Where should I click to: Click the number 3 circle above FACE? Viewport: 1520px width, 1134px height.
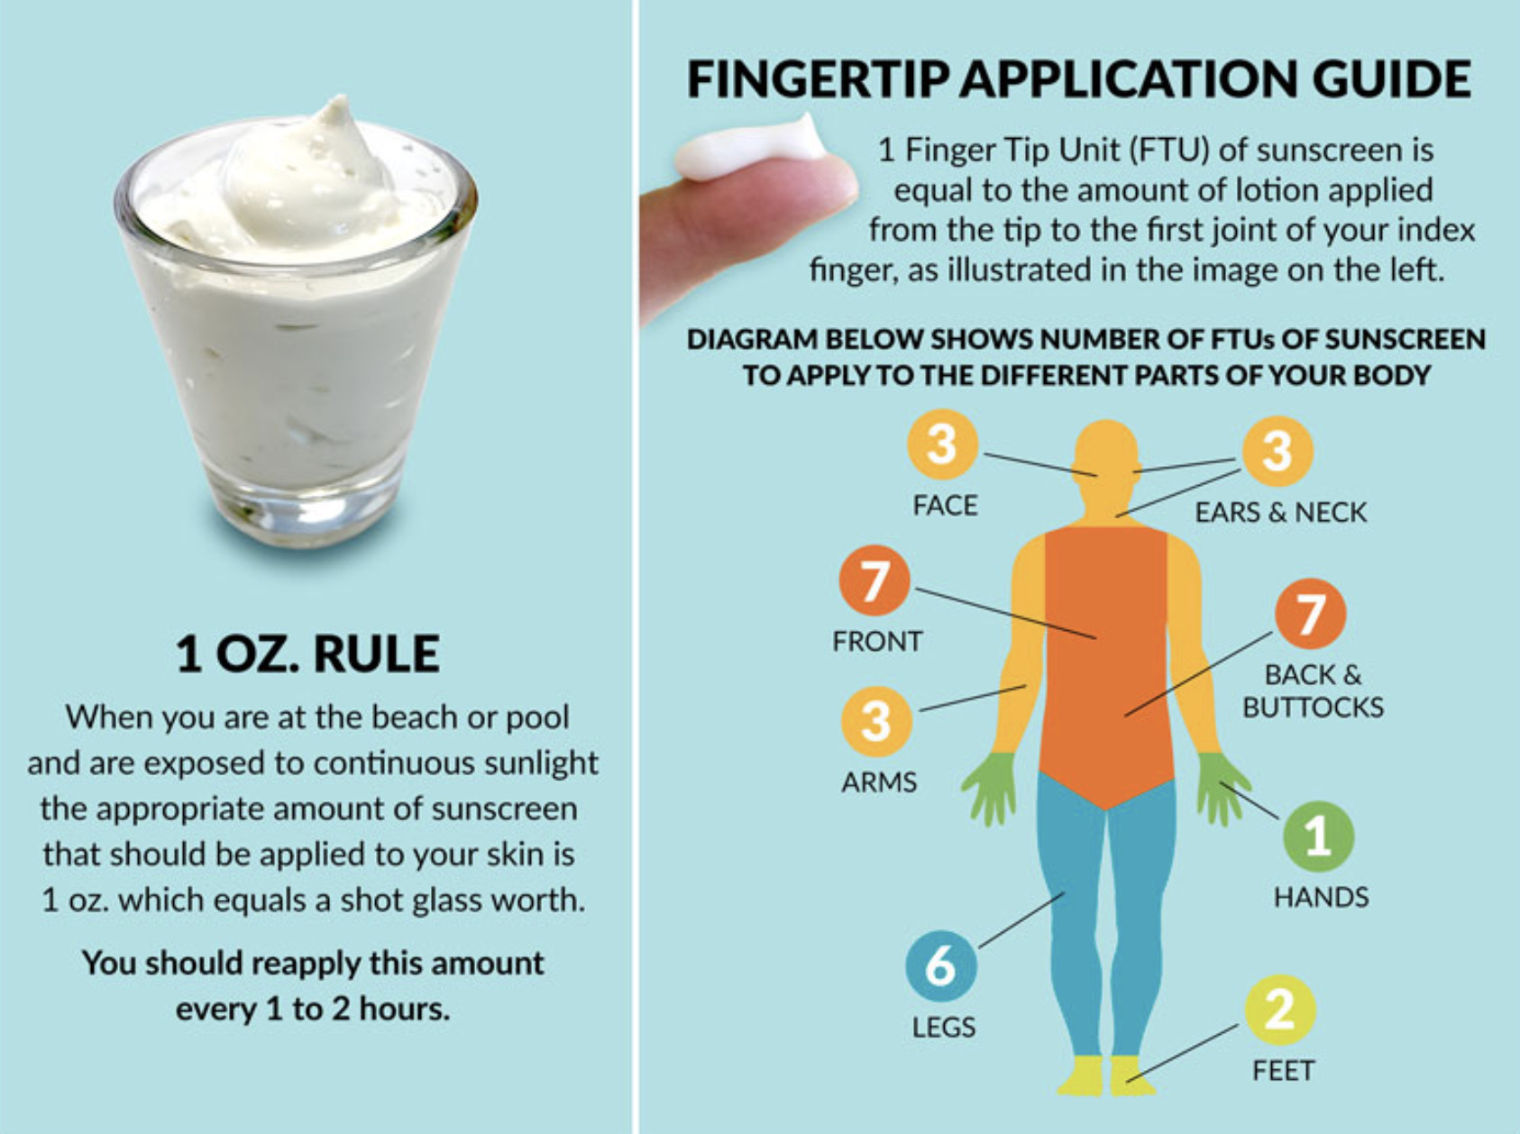pos(942,444)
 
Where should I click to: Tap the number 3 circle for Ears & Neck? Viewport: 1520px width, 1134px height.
pos(1277,451)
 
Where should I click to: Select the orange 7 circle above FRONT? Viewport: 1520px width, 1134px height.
pos(874,581)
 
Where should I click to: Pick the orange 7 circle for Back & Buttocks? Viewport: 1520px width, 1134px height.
pos(1310,614)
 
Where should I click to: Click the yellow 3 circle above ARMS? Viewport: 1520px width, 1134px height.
pos(875,721)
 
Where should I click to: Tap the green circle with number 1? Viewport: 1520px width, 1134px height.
pos(1318,837)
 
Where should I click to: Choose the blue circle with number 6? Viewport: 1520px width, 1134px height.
pos(941,965)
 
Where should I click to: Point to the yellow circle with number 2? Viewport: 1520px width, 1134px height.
pos(1280,1010)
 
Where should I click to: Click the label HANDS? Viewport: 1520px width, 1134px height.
pos(1321,897)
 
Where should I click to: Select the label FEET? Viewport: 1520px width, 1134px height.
pos(1283,1070)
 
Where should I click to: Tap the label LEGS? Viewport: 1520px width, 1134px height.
pos(943,1027)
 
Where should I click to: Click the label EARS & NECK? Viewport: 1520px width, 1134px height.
pos(1280,512)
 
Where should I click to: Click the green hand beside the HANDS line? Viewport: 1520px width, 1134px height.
pos(1222,787)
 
